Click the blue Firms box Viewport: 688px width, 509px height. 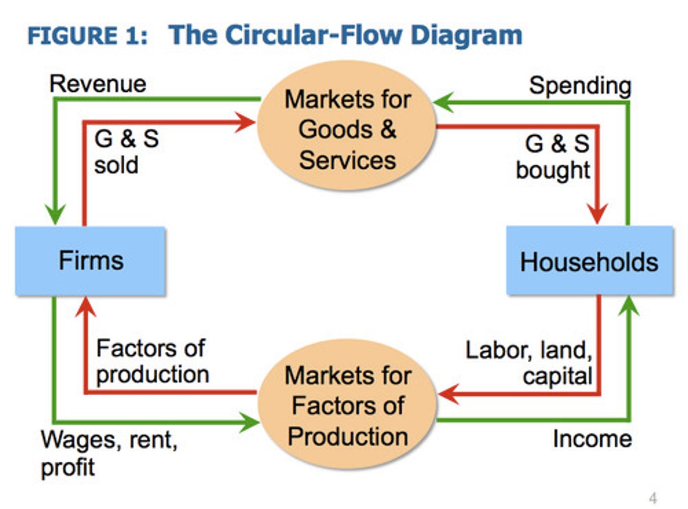click(90, 260)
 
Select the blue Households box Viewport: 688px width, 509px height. click(590, 260)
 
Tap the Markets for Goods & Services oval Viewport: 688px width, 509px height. click(346, 125)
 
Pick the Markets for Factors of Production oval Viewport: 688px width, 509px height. click(347, 403)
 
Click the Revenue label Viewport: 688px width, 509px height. click(98, 84)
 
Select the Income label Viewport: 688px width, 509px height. click(592, 439)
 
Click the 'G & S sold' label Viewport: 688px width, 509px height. click(127, 152)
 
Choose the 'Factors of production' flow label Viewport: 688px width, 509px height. click(152, 362)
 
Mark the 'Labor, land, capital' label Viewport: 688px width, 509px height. click(529, 363)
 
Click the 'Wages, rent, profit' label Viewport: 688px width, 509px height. click(109, 454)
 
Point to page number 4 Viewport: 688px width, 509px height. click(653, 498)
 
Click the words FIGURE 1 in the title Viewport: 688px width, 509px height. click(87, 36)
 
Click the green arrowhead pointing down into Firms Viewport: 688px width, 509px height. click(55, 214)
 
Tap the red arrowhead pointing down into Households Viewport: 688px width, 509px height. click(597, 214)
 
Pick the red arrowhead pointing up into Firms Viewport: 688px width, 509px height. click(86, 307)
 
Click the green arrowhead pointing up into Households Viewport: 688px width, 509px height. click(629, 306)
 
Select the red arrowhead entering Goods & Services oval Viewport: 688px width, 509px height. click(245, 122)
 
